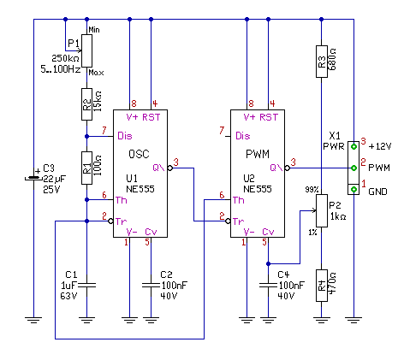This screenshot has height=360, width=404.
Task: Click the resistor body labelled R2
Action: coord(86,104)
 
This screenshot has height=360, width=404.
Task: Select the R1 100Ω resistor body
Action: coord(86,168)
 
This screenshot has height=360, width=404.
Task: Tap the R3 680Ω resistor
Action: coord(322,62)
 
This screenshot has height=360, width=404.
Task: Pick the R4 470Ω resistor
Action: coord(322,286)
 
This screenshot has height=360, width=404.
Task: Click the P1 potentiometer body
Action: coord(86,51)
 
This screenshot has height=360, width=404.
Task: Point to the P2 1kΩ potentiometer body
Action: coord(322,210)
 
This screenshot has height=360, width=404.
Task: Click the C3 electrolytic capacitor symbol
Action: coord(34,179)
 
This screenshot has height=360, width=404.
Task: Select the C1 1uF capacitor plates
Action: coord(86,285)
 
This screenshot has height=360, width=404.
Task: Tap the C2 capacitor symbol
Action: coord(151,285)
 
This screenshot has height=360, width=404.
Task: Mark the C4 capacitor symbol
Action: coord(268,285)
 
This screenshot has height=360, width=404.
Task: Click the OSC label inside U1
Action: coord(139,154)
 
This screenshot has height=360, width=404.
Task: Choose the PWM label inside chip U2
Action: coord(258,154)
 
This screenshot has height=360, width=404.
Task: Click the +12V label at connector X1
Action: coord(380,146)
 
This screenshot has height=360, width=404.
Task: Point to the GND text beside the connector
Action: coord(377,192)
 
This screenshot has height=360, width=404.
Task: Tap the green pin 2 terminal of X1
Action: coord(353,168)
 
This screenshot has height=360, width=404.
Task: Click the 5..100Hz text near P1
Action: coord(61,69)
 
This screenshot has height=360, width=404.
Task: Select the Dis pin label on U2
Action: coord(243,136)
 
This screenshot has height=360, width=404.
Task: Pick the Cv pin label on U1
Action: coord(151,232)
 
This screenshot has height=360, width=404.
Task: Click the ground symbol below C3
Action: coord(34,320)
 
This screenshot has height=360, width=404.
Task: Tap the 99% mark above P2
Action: coord(312,189)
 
